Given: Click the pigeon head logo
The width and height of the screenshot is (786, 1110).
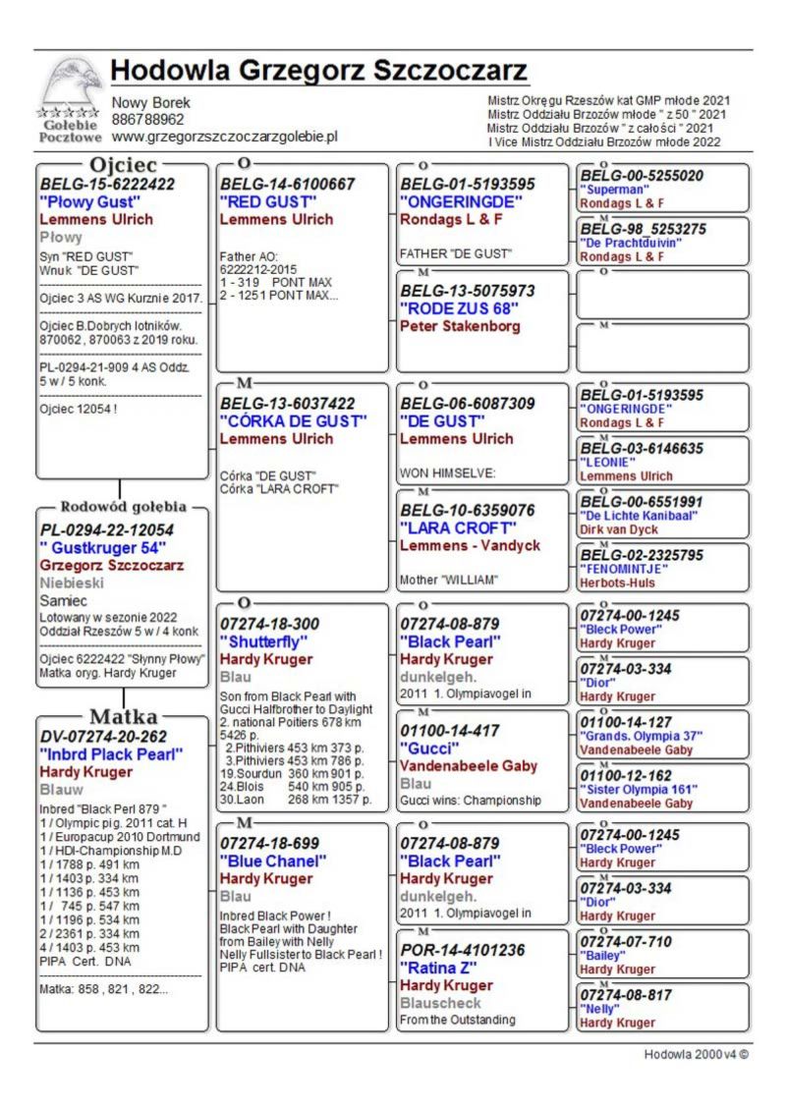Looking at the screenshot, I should [70, 85].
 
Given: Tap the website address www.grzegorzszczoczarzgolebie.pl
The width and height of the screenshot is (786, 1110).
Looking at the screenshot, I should [224, 137].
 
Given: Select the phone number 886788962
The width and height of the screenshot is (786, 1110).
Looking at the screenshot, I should [147, 120].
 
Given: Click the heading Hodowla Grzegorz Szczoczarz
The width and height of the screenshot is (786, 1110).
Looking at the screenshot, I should [319, 72].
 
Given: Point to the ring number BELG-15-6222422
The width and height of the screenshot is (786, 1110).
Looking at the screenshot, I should [107, 184].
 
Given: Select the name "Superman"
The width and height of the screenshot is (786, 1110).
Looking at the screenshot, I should [614, 190].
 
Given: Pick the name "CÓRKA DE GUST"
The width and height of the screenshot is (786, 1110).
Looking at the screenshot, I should [293, 421].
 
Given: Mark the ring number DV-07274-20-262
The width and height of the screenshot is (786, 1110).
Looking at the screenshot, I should [103, 737].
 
